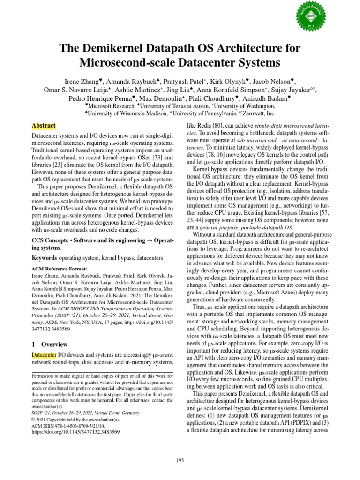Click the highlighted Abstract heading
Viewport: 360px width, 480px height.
click(44, 126)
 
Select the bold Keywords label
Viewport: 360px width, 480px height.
click(45, 258)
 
